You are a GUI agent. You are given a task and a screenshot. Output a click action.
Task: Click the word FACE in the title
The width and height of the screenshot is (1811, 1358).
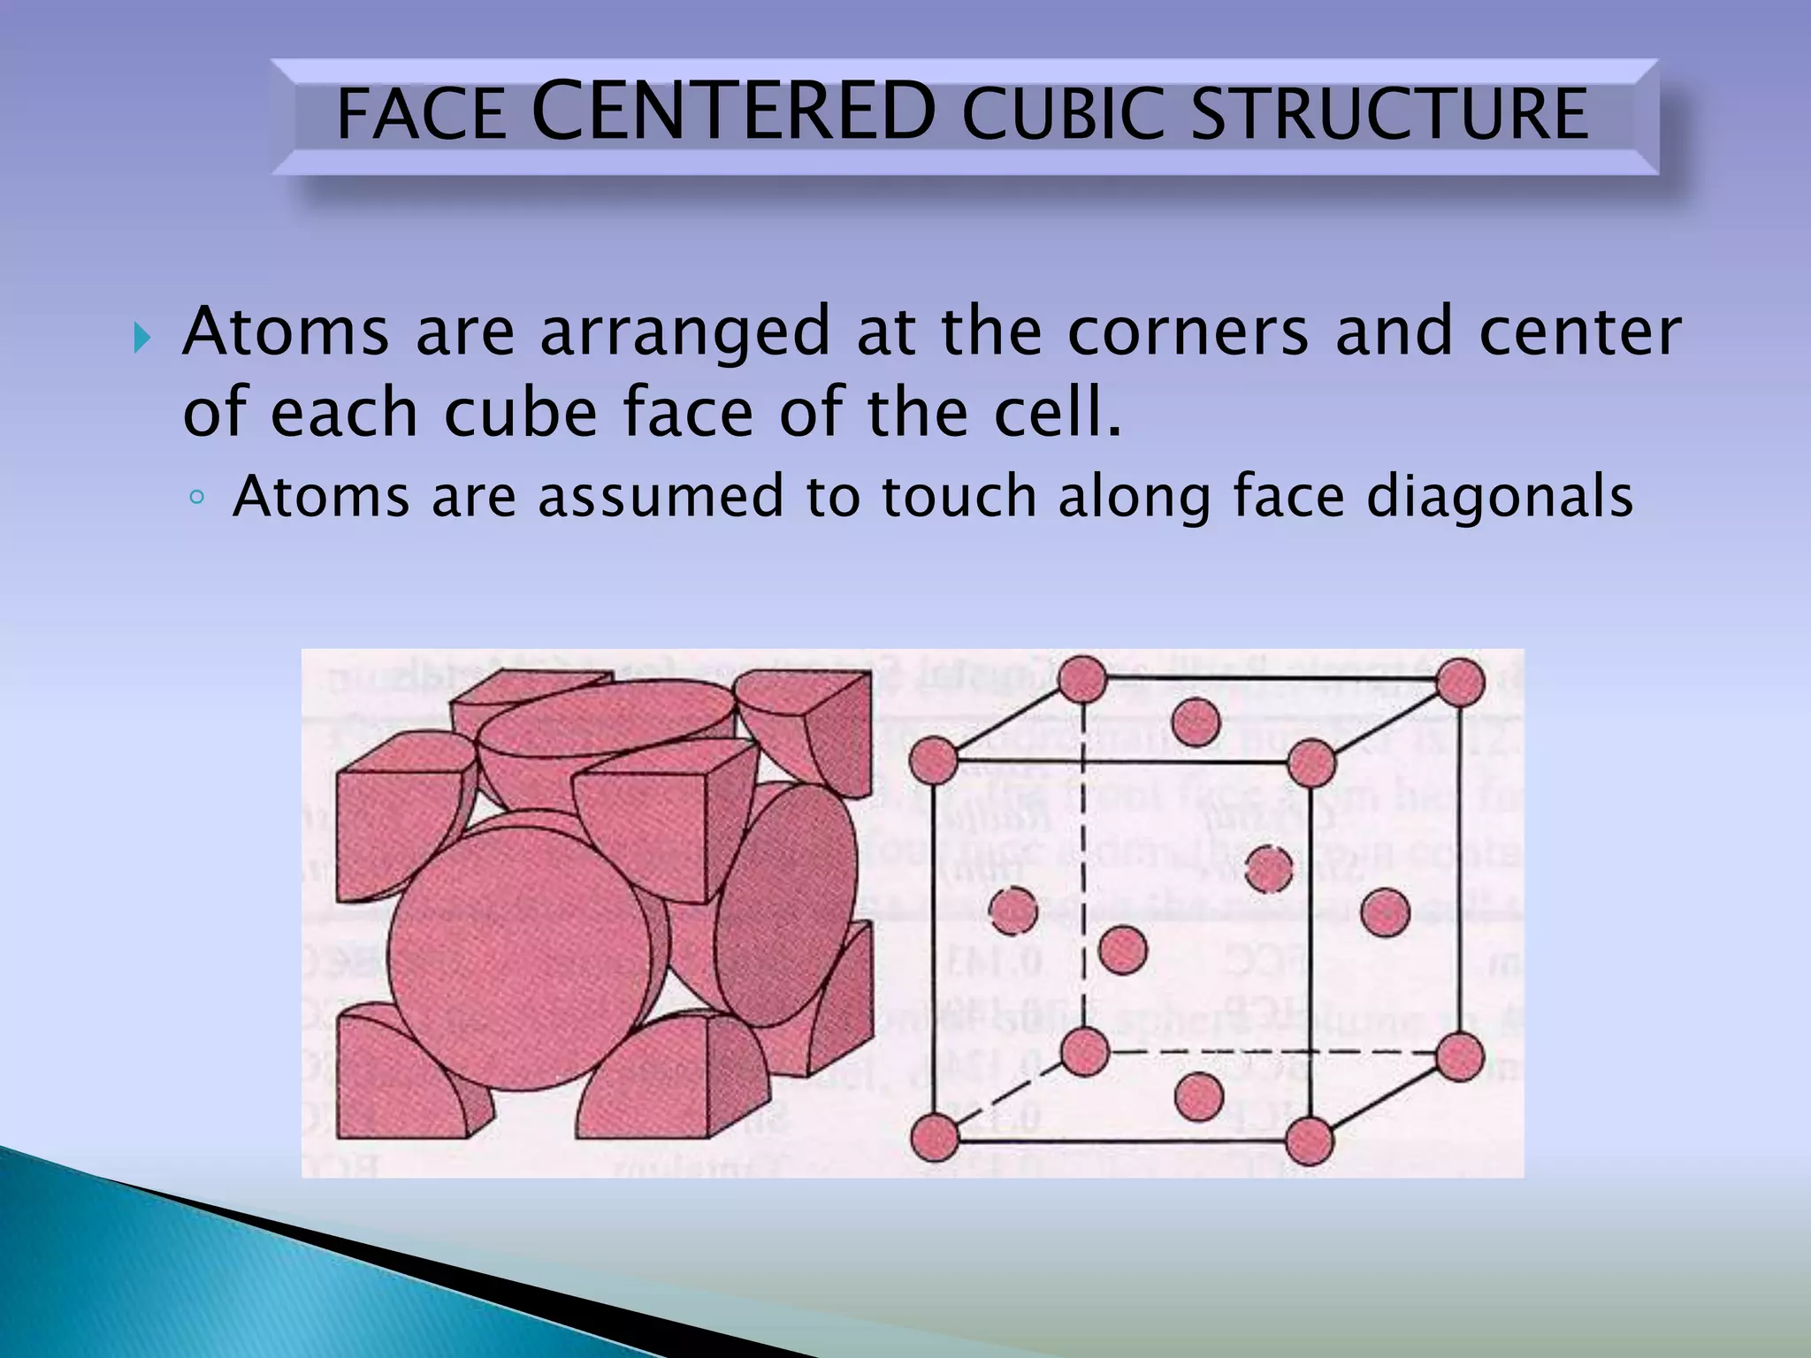tap(421, 115)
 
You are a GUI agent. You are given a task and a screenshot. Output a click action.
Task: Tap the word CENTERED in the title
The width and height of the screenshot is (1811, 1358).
tap(734, 111)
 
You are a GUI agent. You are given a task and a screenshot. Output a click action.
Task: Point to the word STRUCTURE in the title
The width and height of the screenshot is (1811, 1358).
tap(1389, 115)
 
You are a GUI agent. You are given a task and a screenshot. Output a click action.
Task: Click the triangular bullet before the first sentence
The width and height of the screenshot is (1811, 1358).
tap(142, 337)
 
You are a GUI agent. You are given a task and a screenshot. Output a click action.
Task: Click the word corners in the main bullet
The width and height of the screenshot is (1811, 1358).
tap(1188, 332)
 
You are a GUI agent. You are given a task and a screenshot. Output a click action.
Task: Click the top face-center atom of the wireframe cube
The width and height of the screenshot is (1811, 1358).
tap(1196, 721)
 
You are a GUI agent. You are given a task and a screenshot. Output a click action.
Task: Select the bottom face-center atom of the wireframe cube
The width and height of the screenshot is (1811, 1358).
tap(1199, 1096)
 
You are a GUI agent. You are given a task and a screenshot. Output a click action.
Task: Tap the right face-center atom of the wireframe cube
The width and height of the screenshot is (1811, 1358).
tap(1385, 912)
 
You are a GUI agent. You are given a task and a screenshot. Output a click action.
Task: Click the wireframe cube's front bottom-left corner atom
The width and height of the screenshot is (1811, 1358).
tap(934, 1136)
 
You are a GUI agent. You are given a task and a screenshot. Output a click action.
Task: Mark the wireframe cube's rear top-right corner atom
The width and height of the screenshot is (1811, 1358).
tap(1460, 683)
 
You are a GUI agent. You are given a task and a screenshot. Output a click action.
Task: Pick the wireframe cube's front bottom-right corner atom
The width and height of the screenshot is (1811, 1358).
tap(1309, 1140)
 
